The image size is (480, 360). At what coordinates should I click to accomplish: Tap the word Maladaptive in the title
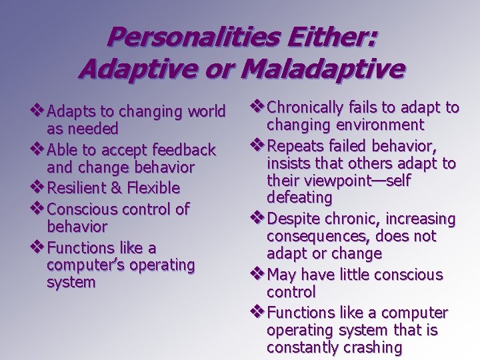tap(315, 68)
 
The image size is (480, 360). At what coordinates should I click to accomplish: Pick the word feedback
tap(185, 149)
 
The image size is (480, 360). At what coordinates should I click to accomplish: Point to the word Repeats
tap(294, 146)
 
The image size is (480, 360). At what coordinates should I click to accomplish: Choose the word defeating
tap(299, 198)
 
